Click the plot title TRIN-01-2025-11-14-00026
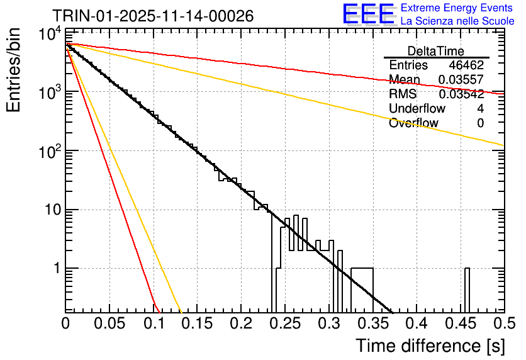click(153, 16)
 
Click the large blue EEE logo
click(368, 14)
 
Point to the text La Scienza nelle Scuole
click(457, 21)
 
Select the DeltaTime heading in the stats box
click(436, 51)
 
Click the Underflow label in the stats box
click(417, 109)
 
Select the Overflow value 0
click(480, 123)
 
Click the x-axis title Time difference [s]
click(429, 346)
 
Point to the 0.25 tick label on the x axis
click(284, 323)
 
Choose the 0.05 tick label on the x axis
click(109, 323)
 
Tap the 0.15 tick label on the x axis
click(197, 323)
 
